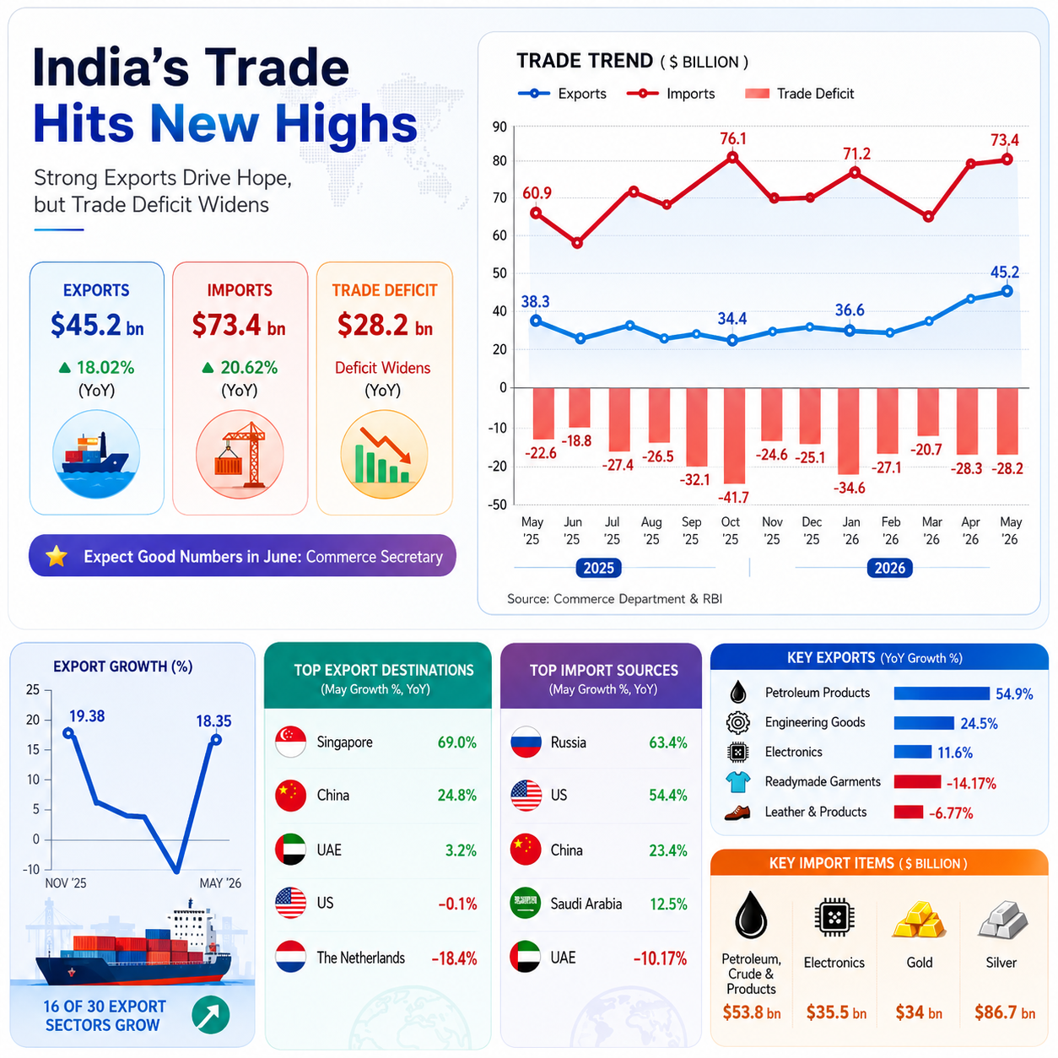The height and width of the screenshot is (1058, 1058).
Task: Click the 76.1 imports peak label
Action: pos(733,138)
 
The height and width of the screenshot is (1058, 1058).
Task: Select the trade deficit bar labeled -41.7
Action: pos(734,435)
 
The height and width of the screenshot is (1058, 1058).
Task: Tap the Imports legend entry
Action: pos(671,94)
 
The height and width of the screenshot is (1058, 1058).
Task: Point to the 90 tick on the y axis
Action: pos(499,127)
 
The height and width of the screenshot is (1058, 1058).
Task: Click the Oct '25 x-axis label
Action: pos(731,531)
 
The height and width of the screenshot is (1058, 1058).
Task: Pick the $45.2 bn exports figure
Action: pos(97,325)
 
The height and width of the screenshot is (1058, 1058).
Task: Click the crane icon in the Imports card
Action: pos(240,454)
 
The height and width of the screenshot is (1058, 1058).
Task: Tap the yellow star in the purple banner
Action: pos(57,556)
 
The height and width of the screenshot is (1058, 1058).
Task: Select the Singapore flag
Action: pos(290,742)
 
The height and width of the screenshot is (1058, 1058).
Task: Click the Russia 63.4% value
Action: pos(667,742)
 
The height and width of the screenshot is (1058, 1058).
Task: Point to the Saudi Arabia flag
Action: pos(526,903)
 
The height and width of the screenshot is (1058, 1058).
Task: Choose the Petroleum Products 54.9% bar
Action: pos(941,694)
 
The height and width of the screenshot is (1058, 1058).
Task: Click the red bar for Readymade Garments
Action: pos(917,781)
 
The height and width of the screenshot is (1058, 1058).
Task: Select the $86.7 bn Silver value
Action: pos(1004,1012)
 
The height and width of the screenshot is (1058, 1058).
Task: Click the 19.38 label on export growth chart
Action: pos(87,716)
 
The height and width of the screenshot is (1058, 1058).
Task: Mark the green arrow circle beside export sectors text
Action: pos(211,1015)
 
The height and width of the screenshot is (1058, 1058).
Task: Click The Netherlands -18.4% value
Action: pos(454,958)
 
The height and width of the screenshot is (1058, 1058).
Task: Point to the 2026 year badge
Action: pos(889,568)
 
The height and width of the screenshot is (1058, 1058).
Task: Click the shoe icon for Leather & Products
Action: pos(737,812)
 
